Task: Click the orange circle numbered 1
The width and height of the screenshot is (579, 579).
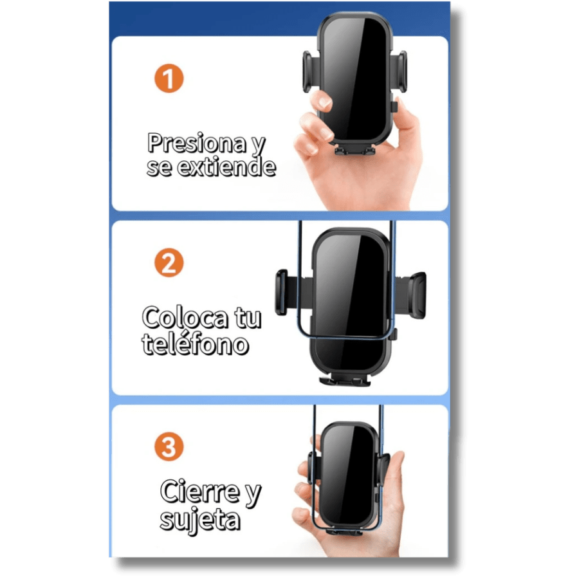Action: [x=169, y=78]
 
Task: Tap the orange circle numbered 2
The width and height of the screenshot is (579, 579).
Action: [x=169, y=262]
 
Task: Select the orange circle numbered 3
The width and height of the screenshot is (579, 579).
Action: [x=169, y=446]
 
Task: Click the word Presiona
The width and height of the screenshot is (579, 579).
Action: [x=197, y=143]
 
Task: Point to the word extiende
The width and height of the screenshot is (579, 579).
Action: [x=226, y=167]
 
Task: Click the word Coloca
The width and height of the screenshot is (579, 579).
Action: [x=185, y=318]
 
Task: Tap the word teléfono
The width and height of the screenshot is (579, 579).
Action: [x=196, y=344]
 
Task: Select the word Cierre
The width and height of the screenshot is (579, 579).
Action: [x=200, y=492]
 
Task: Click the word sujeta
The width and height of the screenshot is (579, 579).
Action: [x=200, y=520]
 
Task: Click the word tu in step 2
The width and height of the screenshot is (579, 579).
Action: [x=248, y=318]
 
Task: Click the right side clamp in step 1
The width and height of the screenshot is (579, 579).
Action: [x=400, y=71]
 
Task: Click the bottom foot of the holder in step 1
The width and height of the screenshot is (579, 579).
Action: [x=355, y=149]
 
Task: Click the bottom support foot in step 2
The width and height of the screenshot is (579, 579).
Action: [x=345, y=380]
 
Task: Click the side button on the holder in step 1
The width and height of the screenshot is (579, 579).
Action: [x=394, y=106]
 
